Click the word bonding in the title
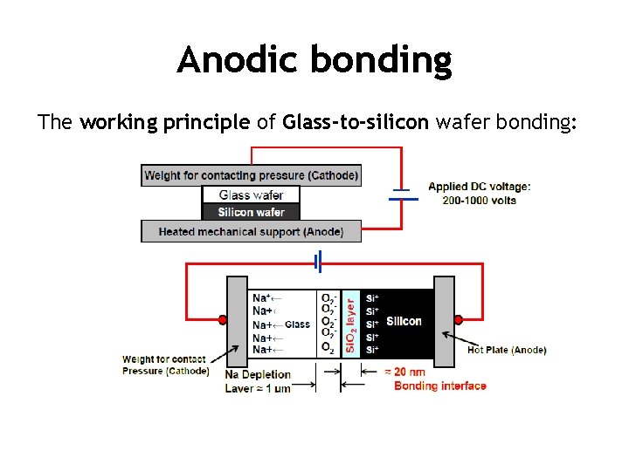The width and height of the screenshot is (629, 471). [380, 60]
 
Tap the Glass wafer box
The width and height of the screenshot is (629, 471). [251, 195]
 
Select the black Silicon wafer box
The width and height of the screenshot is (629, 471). [251, 212]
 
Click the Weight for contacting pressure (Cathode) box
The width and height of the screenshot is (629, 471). [251, 175]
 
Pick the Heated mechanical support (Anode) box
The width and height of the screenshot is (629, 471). [251, 231]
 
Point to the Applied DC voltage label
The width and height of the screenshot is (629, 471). [479, 187]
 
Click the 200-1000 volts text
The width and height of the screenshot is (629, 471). [479, 200]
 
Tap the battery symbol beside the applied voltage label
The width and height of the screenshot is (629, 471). [403, 194]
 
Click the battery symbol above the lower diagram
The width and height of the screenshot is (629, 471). [319, 261]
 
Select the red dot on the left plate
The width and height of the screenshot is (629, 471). [223, 320]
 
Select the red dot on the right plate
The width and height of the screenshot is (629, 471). [457, 320]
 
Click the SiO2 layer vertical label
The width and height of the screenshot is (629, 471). [350, 322]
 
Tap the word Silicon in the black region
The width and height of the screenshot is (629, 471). [404, 321]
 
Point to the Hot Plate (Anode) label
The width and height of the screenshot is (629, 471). [507, 350]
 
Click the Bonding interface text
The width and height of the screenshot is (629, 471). [439, 386]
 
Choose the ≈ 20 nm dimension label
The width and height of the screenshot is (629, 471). [407, 372]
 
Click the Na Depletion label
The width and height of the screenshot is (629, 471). [258, 375]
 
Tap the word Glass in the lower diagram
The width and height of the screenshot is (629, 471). [297, 324]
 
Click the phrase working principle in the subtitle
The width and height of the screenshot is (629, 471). [164, 122]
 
